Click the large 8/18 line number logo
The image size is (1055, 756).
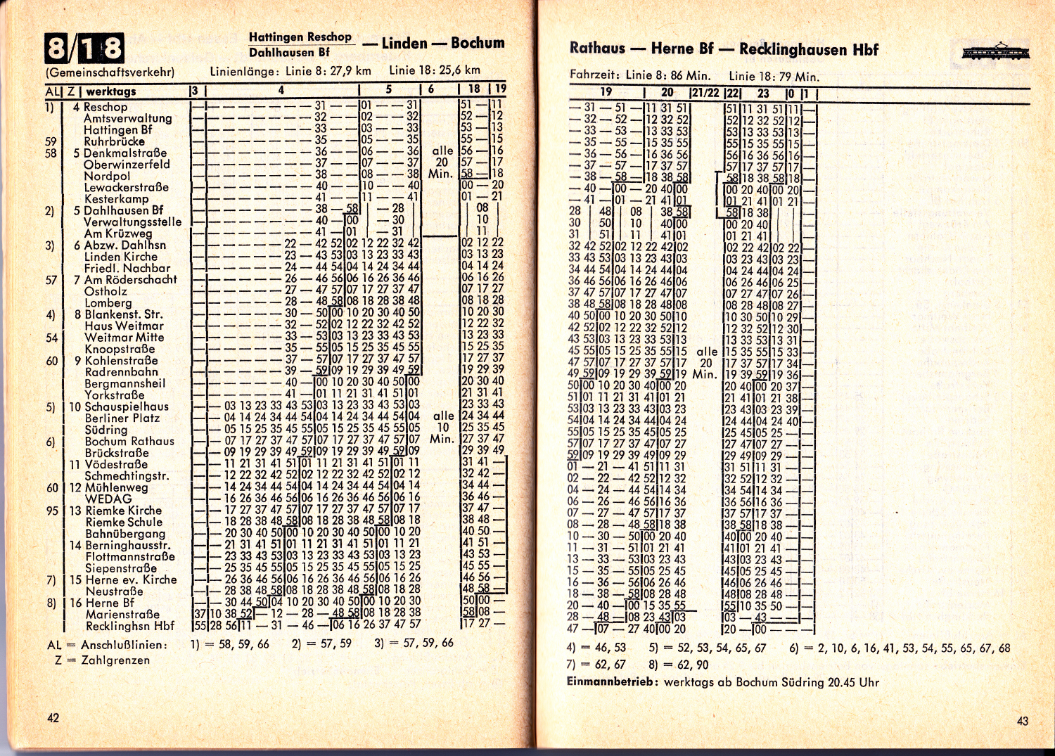84,48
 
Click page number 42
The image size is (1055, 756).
53,717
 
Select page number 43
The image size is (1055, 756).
1022,720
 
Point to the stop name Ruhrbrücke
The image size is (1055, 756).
114,141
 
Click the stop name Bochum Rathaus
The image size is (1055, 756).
129,441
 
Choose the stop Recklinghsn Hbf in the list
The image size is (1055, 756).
130,626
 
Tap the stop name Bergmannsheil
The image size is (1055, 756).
125,383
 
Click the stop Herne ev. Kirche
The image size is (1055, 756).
131,579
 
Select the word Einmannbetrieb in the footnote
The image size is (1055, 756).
613,681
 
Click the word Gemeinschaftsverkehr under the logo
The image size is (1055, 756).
110,72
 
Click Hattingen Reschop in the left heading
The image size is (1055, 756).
300,37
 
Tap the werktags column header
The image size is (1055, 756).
111,91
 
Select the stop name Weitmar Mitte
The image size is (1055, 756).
124,337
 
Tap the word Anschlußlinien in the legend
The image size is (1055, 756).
124,644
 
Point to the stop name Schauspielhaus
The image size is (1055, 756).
127,406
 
